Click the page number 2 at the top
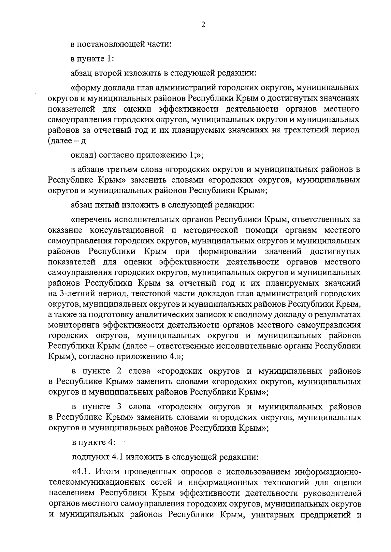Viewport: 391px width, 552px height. pyautogui.click(x=203, y=25)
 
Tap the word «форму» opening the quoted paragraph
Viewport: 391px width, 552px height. pyautogui.click(x=87, y=88)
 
